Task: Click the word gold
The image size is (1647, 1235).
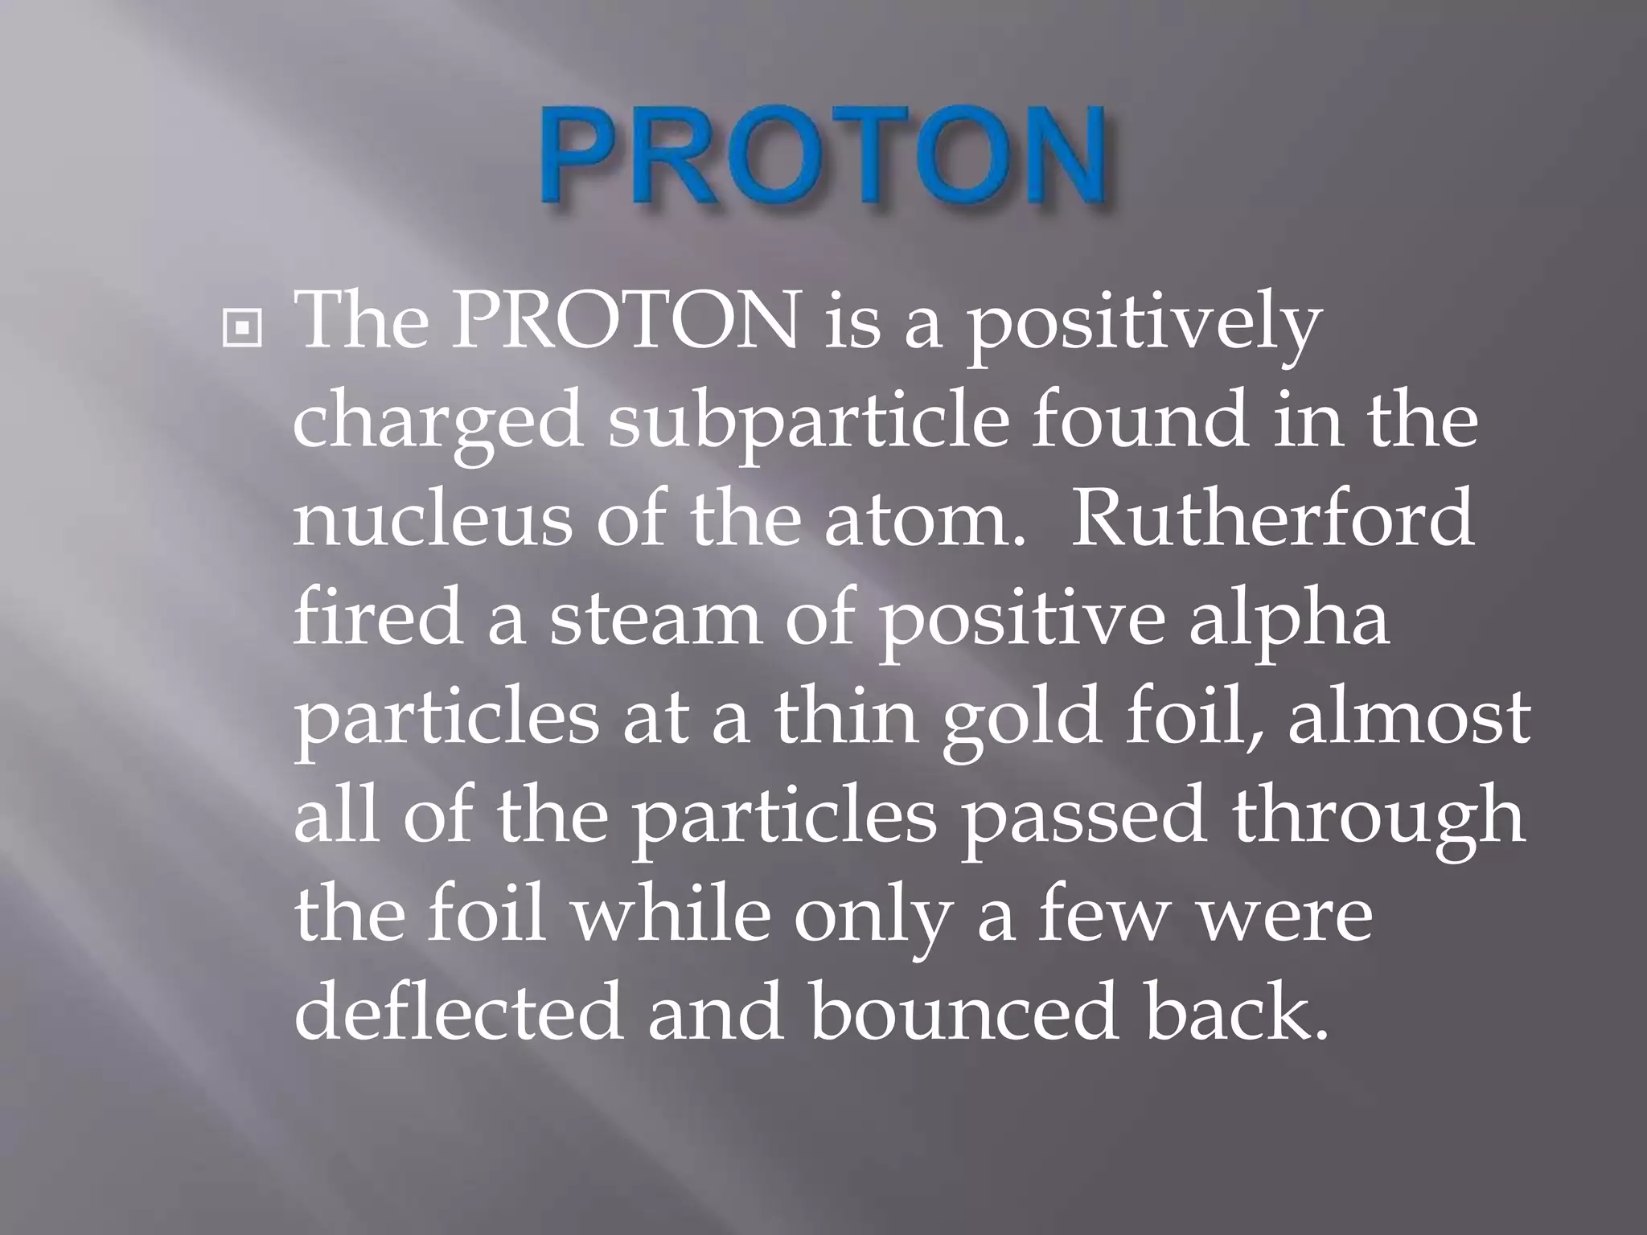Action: pos(1021,720)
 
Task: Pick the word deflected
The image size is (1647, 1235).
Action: pos(458,1013)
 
